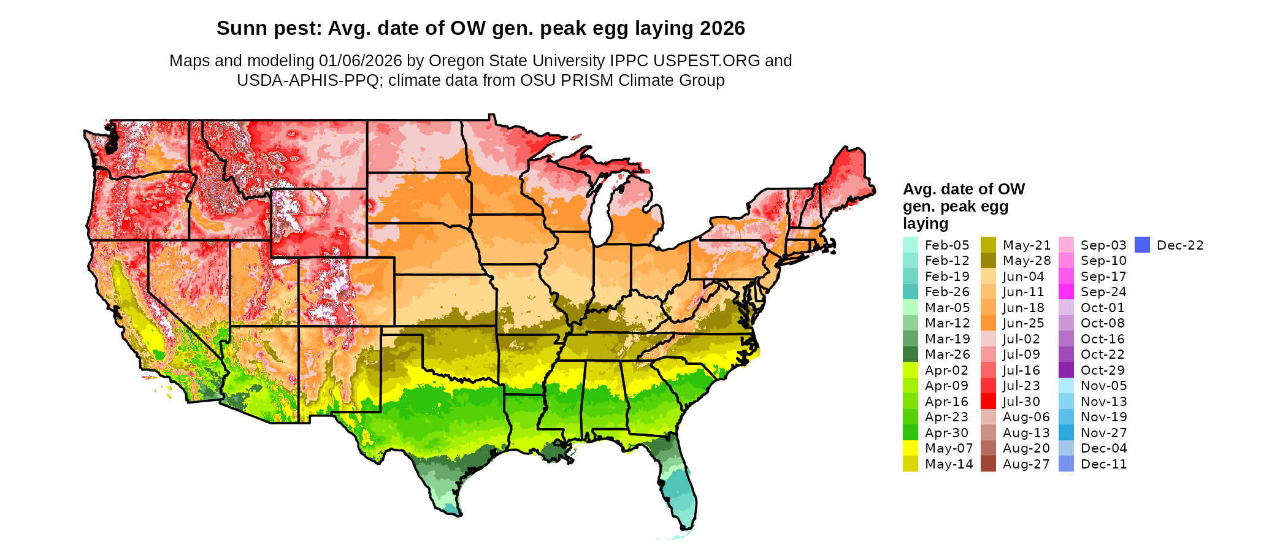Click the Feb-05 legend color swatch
(910, 245)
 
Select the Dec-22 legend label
(1180, 245)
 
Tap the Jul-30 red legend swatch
(988, 401)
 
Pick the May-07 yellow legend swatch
(910, 448)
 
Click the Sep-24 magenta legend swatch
(1066, 292)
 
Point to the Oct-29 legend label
(1103, 370)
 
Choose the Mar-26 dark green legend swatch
(910, 354)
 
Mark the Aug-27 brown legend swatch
(988, 464)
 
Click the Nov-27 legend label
(1103, 433)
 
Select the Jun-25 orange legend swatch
(988, 323)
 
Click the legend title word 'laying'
(926, 224)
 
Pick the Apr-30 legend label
(946, 433)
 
